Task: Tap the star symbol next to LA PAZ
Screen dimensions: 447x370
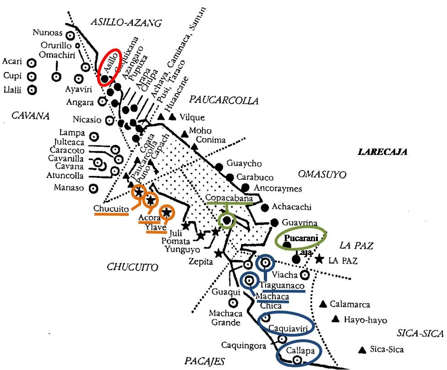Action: [319, 259]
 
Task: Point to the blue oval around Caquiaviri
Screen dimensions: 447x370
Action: [286, 326]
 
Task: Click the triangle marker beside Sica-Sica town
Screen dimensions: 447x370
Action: [362, 350]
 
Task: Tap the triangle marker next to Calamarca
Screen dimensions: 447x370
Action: [323, 304]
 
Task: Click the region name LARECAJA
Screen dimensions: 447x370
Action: [382, 152]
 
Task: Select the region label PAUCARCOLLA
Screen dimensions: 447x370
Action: [224, 100]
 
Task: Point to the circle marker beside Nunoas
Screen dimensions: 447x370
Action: [70, 35]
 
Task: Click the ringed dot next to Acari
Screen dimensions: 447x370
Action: [31, 63]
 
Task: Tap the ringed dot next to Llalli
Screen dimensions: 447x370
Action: [31, 90]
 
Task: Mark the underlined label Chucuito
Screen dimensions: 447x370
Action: [110, 209]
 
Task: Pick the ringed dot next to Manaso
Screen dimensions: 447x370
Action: [94, 188]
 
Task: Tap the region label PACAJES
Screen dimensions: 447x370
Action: [205, 361]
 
